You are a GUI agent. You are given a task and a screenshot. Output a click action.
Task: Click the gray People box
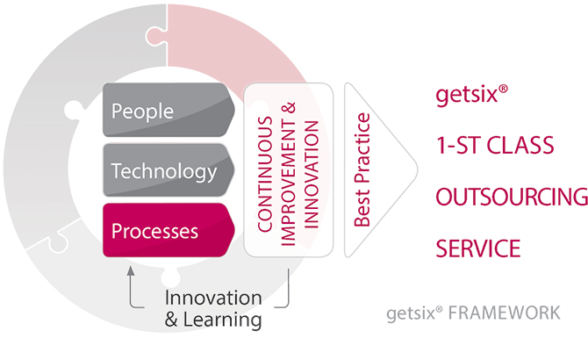point(169,110)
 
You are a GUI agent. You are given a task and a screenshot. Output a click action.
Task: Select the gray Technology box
point(169,170)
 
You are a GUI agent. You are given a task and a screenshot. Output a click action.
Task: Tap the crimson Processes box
point(169,230)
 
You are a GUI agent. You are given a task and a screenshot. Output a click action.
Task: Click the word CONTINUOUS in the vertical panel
point(265,174)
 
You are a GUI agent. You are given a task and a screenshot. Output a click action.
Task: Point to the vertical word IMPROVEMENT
point(288,183)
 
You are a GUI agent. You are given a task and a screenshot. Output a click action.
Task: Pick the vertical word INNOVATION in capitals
point(311,175)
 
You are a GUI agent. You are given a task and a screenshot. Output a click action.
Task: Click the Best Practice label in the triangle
point(362,169)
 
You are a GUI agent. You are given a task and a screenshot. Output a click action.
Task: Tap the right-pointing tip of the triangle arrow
point(417,169)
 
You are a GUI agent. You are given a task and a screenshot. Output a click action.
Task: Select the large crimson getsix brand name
point(467,95)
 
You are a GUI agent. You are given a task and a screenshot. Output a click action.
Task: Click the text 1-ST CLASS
point(495,146)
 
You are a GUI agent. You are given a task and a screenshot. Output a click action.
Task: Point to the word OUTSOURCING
point(512,197)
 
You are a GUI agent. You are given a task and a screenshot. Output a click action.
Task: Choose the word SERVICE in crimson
point(478,248)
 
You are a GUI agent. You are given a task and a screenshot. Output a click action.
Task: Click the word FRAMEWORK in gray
point(505,313)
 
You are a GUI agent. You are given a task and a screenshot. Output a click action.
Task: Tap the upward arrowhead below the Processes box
point(131,270)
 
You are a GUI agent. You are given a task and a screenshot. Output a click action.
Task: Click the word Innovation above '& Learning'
point(213,299)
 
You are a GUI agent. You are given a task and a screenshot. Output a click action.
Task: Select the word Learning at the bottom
point(222,320)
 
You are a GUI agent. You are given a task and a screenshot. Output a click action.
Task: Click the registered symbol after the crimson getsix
point(503,89)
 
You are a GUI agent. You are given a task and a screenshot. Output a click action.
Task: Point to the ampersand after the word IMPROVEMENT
point(289,108)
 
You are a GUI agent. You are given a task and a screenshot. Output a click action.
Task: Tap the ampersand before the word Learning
point(171,320)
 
